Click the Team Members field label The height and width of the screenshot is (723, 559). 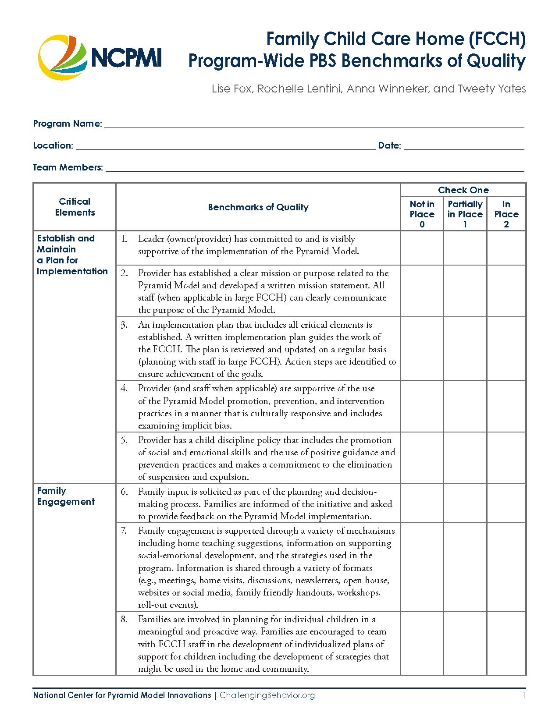tap(68, 167)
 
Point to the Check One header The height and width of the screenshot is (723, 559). tap(463, 190)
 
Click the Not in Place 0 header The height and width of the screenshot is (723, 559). tap(422, 214)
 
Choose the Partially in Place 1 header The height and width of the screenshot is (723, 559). tap(465, 214)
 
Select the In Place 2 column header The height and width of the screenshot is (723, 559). tap(506, 214)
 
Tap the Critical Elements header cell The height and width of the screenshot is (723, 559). tap(75, 207)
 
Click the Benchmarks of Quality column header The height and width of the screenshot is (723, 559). tap(258, 207)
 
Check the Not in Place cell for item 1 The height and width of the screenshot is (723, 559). tap(422, 248)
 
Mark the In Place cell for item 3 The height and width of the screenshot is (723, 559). tap(506, 349)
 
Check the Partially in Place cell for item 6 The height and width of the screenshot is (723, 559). tap(465, 503)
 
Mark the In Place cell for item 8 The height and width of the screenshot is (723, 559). tap(506, 643)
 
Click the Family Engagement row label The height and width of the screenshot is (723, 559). tap(66, 496)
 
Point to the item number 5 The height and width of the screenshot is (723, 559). tap(124, 440)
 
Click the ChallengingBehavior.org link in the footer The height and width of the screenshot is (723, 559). tap(267, 695)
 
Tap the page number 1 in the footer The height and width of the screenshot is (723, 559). tap(523, 695)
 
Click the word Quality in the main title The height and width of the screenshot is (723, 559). tap(496, 61)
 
